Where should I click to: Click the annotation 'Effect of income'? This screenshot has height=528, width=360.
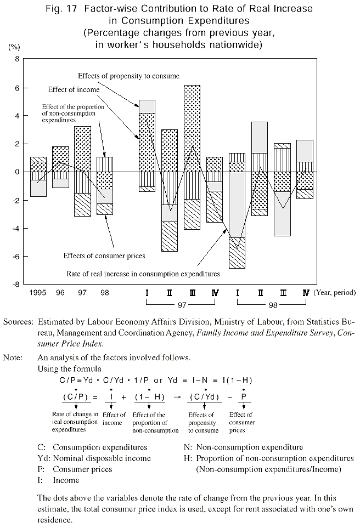(x=74, y=89)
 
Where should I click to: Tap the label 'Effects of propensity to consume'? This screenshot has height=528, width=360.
(x=128, y=75)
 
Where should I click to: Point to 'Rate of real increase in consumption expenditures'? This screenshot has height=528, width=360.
(x=143, y=272)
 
